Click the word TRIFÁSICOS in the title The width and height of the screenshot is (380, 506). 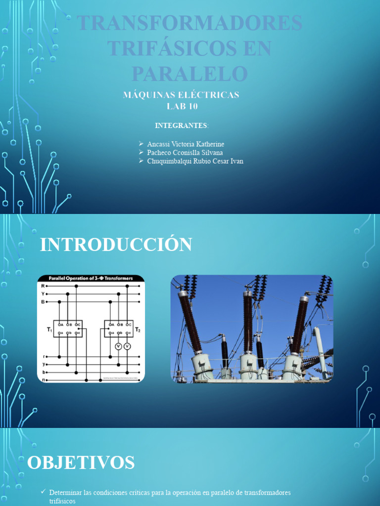point(190,48)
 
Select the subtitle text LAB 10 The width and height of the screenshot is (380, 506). point(181,105)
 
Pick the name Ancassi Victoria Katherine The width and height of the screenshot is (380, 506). point(186,144)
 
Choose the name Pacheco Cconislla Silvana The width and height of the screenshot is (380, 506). point(185,153)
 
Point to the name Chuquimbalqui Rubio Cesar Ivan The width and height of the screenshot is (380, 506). point(195,161)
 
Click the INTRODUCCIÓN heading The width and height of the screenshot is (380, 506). point(116,245)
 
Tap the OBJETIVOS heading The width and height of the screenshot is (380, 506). point(81,463)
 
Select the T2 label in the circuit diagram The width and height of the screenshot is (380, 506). point(138,329)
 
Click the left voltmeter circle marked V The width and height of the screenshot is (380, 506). point(118,346)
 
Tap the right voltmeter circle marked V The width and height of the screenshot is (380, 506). point(127,346)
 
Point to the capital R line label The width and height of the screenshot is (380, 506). point(43,286)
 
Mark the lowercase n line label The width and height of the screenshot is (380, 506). point(44,379)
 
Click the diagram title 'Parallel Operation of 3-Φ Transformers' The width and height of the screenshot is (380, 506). point(91,279)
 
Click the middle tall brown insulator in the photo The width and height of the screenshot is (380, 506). point(248,321)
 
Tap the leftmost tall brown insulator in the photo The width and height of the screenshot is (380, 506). point(190,321)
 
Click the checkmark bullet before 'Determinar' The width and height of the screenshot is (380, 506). point(45,493)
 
